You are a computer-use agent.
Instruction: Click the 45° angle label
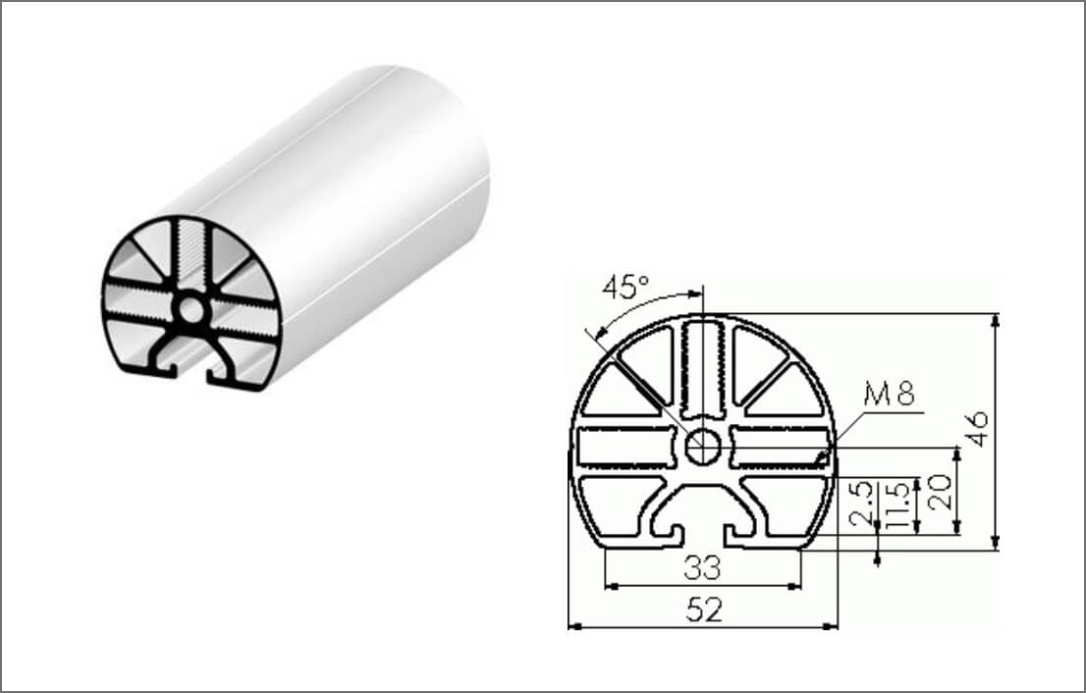(x=625, y=288)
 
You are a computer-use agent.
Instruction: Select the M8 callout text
(x=889, y=396)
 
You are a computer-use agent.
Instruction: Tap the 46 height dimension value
(x=976, y=429)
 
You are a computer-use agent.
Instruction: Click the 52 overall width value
(x=703, y=611)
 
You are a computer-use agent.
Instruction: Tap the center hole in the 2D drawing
(x=702, y=447)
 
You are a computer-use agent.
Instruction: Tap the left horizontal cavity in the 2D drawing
(x=625, y=448)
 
